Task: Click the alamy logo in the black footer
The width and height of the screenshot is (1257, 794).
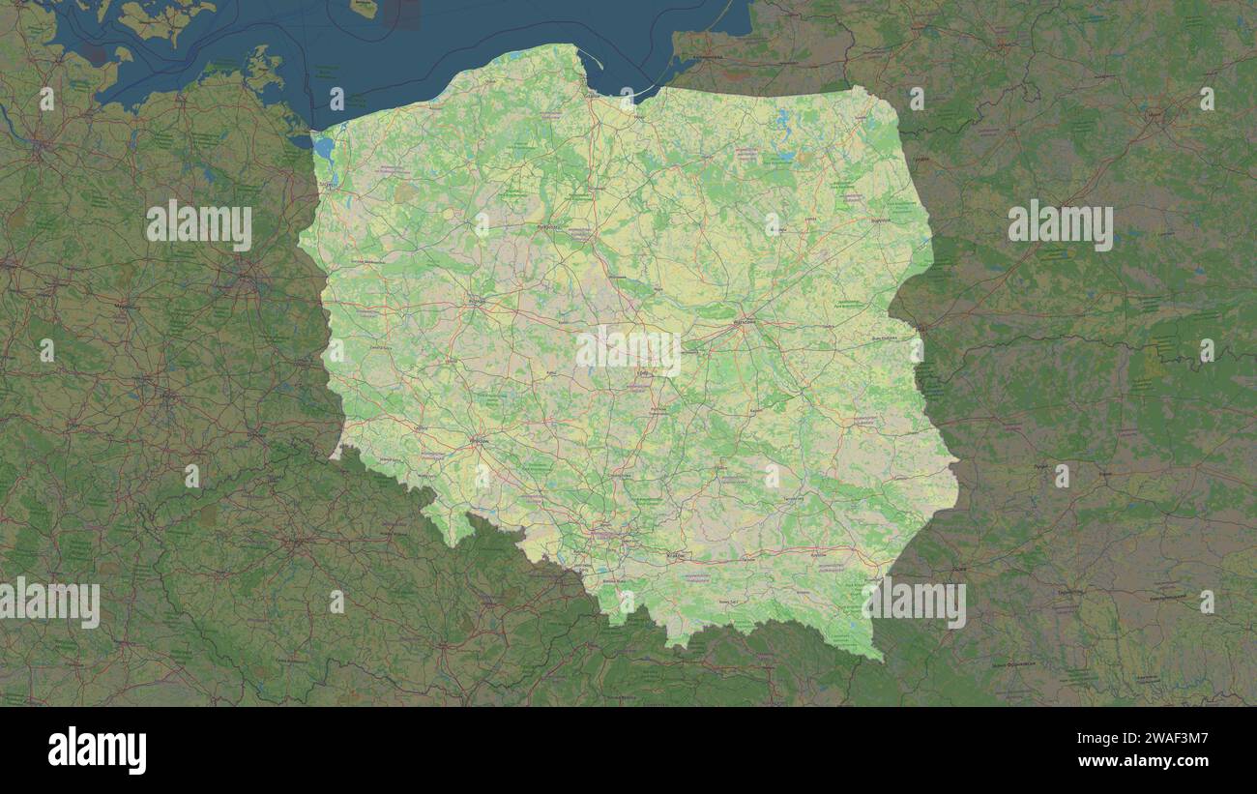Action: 97,750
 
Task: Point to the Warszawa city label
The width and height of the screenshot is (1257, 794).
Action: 744,321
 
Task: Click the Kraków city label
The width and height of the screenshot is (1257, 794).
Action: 675,555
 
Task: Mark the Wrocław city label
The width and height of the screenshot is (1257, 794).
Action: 478,441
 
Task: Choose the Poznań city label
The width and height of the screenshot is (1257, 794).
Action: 476,302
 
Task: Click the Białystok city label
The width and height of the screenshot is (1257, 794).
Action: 878,221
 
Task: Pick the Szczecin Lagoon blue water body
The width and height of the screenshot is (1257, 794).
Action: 323,147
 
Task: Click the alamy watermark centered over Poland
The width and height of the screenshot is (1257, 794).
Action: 628,350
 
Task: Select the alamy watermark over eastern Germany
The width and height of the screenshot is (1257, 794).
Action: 199,224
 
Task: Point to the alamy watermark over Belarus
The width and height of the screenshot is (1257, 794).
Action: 1060,224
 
